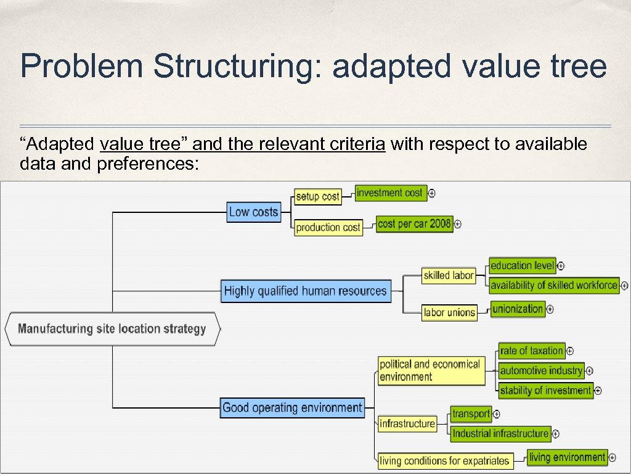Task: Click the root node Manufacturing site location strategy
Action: pyautogui.click(x=112, y=328)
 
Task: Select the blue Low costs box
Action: pyautogui.click(x=254, y=212)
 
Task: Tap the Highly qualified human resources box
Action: pyautogui.click(x=306, y=291)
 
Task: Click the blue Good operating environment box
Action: pyautogui.click(x=292, y=407)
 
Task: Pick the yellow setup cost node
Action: pyautogui.click(x=317, y=196)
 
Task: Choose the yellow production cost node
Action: pyautogui.click(x=328, y=227)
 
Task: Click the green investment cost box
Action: pyautogui.click(x=389, y=193)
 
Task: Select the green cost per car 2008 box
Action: pyautogui.click(x=414, y=223)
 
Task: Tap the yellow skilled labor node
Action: pyautogui.click(x=449, y=275)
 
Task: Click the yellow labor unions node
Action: pyautogui.click(x=449, y=312)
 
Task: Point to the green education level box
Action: pyautogui.click(x=523, y=265)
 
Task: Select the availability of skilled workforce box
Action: pyautogui.click(x=553, y=285)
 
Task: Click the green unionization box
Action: pyautogui.click(x=518, y=309)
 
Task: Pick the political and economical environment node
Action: pyautogui.click(x=430, y=370)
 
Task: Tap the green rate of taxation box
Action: pyautogui.click(x=531, y=351)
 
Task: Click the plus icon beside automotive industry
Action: pyautogui.click(x=590, y=371)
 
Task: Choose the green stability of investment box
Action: pyautogui.click(x=545, y=390)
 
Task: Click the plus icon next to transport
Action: pyautogui.click(x=497, y=414)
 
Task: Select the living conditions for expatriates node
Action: pyautogui.click(x=444, y=460)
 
